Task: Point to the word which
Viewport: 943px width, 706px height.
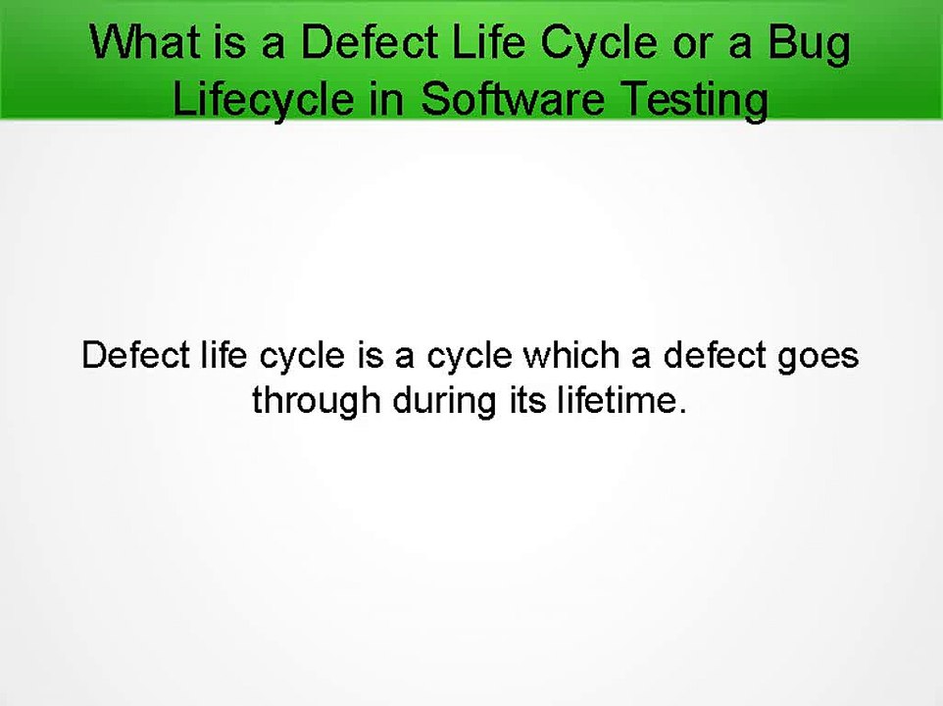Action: (571, 354)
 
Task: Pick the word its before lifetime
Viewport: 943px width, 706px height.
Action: (521, 401)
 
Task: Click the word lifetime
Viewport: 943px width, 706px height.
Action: (613, 401)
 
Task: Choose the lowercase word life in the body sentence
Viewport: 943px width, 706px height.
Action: (221, 354)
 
